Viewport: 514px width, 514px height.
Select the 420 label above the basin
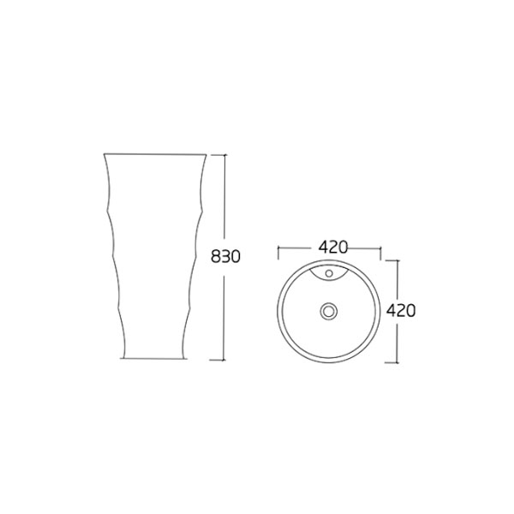[332, 247]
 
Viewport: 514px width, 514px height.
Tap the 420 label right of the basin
[400, 310]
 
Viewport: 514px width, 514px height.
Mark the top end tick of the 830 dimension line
[225, 155]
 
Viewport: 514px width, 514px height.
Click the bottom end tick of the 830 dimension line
[225, 359]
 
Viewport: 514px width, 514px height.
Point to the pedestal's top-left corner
[104, 153]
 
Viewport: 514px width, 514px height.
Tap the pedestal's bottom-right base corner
[186, 358]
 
